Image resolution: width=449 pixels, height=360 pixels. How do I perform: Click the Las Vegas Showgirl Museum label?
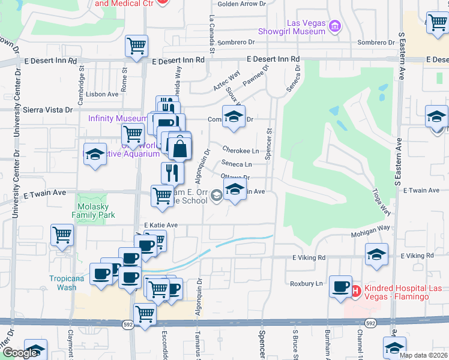pyautogui.click(x=291, y=27)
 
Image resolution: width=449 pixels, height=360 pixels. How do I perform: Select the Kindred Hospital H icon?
pyautogui.click(x=355, y=292)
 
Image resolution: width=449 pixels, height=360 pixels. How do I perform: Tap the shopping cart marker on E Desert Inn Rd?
pyautogui.click(x=137, y=46)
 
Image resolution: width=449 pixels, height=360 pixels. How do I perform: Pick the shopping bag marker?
pyautogui.click(x=179, y=148)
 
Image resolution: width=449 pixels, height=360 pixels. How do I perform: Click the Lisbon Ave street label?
pyautogui.click(x=102, y=94)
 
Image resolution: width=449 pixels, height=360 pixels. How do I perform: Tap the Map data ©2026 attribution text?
pyautogui.click(x=423, y=355)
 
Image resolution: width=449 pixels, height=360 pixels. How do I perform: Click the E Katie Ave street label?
pyautogui.click(x=161, y=225)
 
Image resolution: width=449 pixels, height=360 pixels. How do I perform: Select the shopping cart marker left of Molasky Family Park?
pyautogui.click(x=62, y=236)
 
